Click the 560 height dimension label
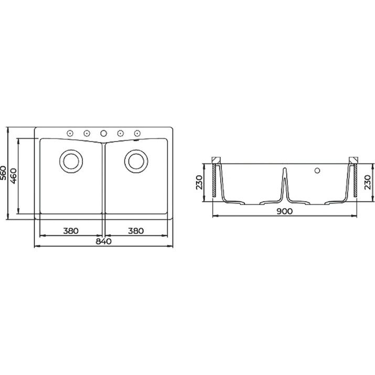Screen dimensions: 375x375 click(x=3, y=173)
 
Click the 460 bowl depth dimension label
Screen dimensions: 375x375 click(x=14, y=176)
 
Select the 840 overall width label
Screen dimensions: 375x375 click(x=103, y=241)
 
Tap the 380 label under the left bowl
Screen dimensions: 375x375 click(x=71, y=231)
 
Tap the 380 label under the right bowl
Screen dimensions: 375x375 click(x=136, y=231)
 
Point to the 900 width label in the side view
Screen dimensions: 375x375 click(x=285, y=211)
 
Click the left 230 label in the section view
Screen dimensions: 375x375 click(x=199, y=182)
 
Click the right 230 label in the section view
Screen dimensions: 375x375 click(x=368, y=182)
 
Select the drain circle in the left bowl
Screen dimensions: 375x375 click(x=71, y=161)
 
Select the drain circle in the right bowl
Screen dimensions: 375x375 click(x=136, y=161)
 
